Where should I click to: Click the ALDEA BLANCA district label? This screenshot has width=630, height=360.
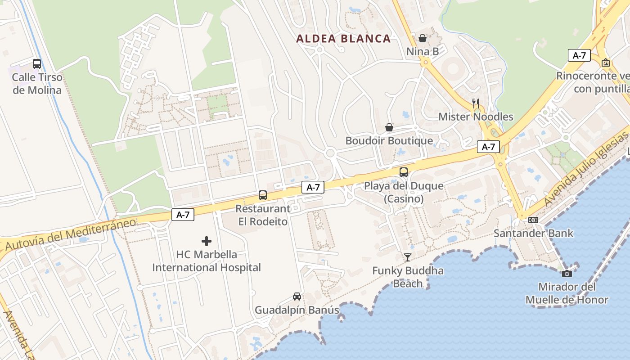point(343,39)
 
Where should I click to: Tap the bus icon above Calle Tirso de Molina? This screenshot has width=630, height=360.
point(37,64)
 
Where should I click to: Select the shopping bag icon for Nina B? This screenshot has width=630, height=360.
point(423,39)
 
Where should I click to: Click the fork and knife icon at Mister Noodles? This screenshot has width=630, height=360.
point(476,103)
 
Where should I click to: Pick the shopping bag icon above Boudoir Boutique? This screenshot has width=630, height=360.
point(389,128)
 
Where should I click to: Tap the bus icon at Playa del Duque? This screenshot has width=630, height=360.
point(404,172)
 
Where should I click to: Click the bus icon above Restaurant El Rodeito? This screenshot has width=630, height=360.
point(263,195)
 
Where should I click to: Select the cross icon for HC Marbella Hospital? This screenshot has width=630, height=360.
point(207,241)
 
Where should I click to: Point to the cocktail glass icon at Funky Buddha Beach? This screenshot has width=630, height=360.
point(408,257)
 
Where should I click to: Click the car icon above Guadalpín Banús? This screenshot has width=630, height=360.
point(297,297)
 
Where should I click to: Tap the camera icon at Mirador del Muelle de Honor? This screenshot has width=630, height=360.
point(567,274)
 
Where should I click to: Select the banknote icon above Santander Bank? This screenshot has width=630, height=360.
point(533,220)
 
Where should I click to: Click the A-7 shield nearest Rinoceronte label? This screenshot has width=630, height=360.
point(579,55)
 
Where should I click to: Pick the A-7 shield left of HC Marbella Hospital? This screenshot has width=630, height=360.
point(183,215)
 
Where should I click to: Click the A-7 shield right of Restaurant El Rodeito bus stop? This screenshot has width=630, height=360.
point(313,188)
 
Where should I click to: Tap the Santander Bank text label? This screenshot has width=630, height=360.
point(533,233)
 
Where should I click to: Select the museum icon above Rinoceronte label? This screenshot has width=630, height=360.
point(605,63)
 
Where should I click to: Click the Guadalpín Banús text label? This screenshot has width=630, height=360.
point(297,310)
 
